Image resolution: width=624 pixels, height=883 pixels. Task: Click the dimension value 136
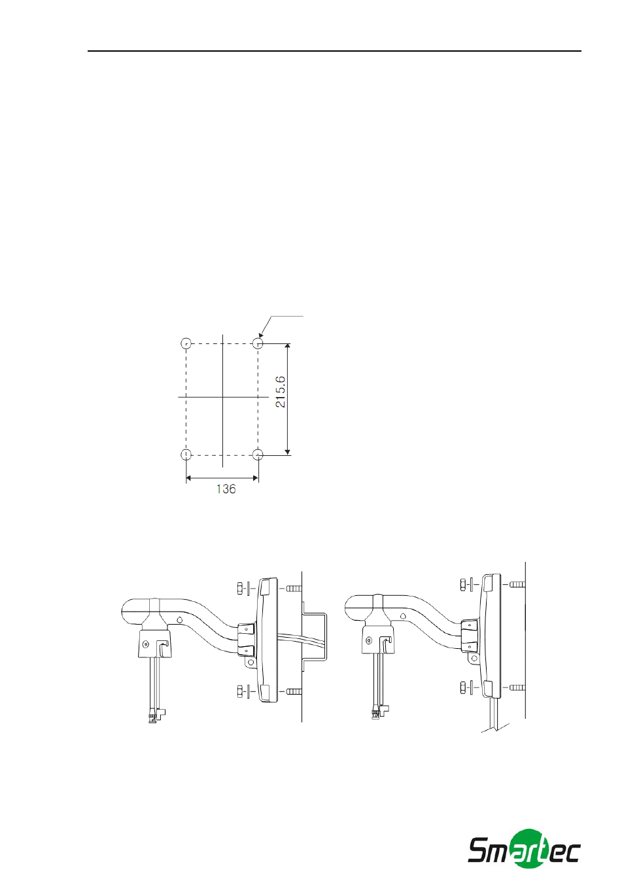point(226,489)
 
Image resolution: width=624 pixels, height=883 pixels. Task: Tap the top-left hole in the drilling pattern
point(186,343)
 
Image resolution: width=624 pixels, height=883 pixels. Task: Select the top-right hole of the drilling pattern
point(258,343)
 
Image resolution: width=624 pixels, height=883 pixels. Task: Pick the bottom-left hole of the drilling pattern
point(186,455)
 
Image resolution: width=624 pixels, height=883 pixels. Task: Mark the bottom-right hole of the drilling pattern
point(258,455)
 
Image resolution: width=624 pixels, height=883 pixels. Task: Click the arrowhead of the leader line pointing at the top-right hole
point(261,335)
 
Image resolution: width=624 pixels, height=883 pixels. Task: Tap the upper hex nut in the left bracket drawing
point(239,589)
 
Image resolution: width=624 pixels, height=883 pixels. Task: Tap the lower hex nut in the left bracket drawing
point(239,691)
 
